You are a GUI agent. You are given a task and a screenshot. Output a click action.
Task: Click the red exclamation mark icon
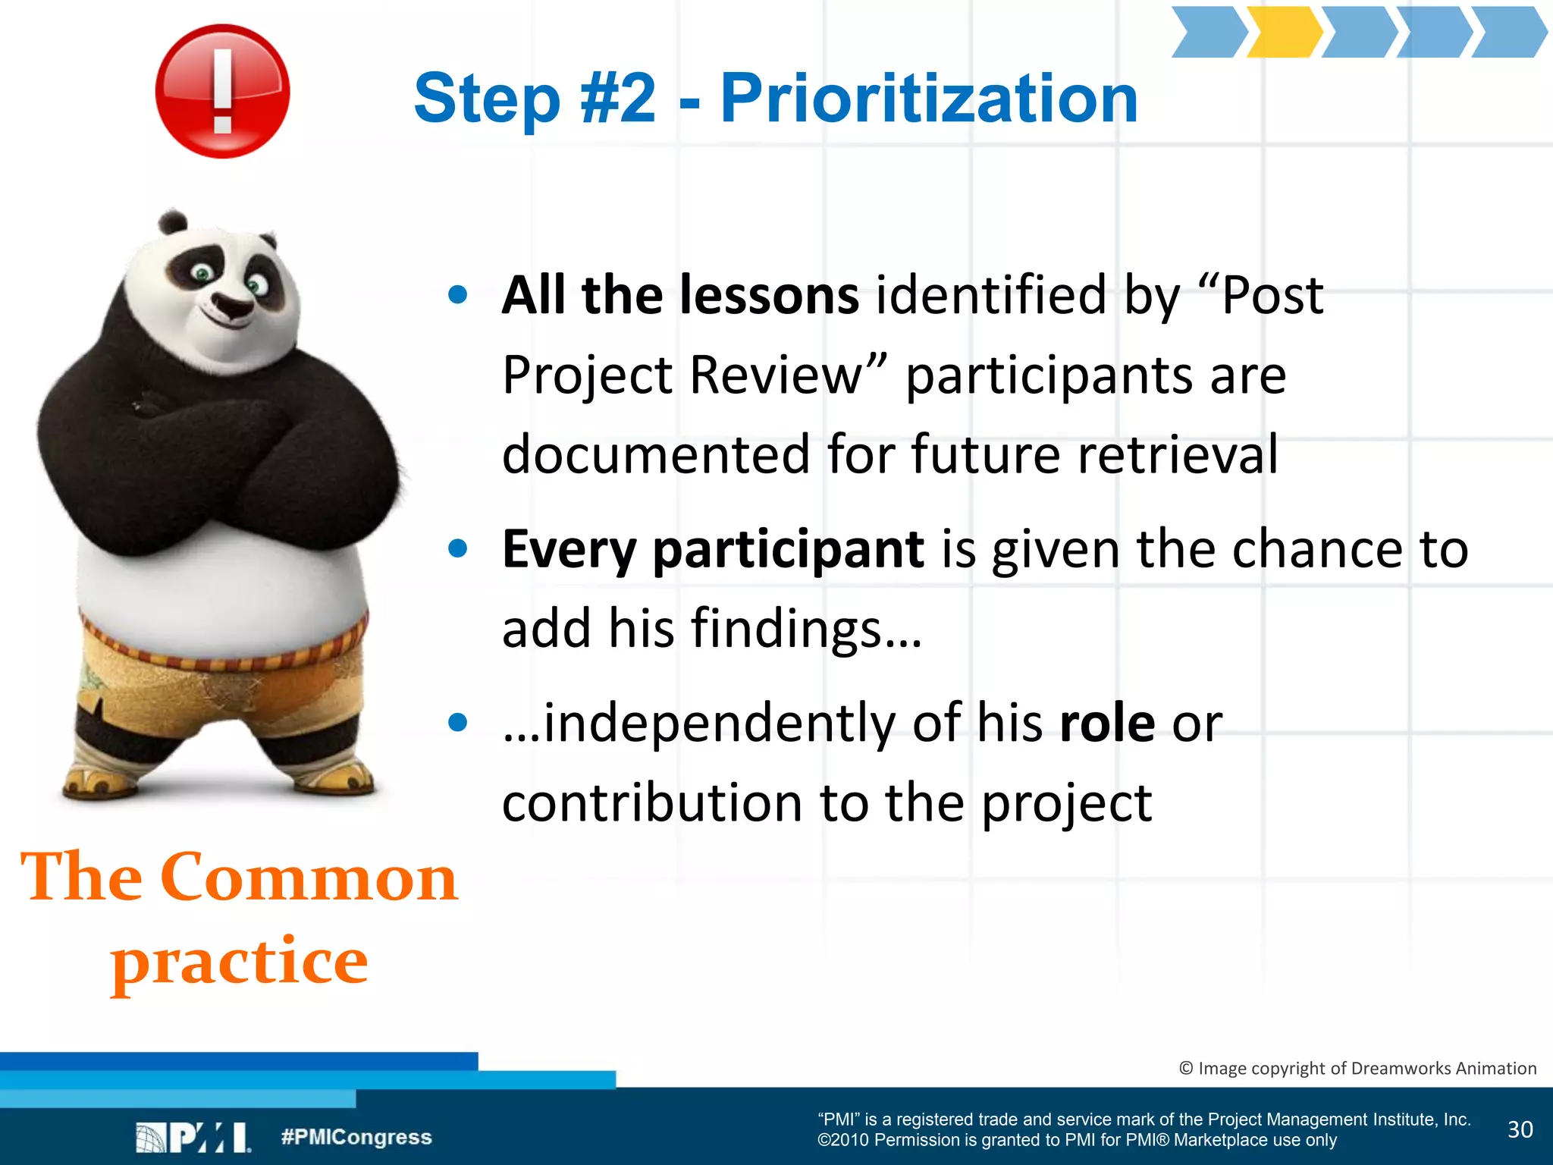[222, 91]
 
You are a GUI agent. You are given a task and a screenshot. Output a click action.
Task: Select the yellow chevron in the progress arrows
[1284, 33]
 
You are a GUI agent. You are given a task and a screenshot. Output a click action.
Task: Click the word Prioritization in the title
[929, 99]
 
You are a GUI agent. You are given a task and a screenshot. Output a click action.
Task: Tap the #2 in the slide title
[617, 99]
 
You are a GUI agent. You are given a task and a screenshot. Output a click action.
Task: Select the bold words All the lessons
[680, 295]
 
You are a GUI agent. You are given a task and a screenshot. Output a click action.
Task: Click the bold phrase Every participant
[713, 549]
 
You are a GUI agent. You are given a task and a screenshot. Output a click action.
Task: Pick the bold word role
[1106, 724]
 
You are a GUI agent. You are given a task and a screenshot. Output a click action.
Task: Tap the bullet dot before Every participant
[457, 548]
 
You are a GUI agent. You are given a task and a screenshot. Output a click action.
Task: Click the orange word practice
[240, 962]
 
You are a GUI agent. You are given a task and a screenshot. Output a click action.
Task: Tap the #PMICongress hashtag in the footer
[356, 1137]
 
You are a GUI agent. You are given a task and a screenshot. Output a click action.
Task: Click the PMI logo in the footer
[193, 1138]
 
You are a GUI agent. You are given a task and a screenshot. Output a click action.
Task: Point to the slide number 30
[1520, 1129]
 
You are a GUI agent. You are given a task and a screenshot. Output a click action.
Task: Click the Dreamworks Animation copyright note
[1357, 1068]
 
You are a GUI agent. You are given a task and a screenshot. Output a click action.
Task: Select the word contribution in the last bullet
[651, 803]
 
